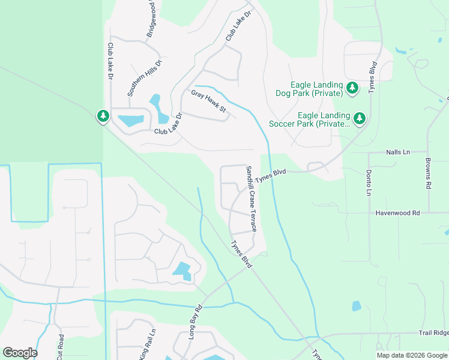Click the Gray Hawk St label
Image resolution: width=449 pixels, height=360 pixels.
click(208, 101)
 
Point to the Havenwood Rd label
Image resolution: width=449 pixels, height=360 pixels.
click(398, 213)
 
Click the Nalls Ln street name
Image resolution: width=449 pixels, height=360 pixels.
click(398, 153)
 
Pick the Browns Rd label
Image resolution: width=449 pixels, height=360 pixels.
click(428, 173)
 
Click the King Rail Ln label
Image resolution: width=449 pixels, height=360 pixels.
click(147, 344)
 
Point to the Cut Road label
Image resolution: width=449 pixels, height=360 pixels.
click(60, 347)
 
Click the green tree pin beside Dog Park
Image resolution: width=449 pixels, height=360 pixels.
click(352, 89)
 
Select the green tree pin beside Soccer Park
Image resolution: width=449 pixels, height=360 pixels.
click(360, 118)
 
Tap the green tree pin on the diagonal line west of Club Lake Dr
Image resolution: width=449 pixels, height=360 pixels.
click(103, 116)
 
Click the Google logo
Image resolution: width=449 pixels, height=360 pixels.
click(20, 353)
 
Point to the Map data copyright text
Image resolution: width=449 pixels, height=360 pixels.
click(412, 355)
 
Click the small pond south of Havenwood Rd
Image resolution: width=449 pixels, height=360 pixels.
click(357, 306)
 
